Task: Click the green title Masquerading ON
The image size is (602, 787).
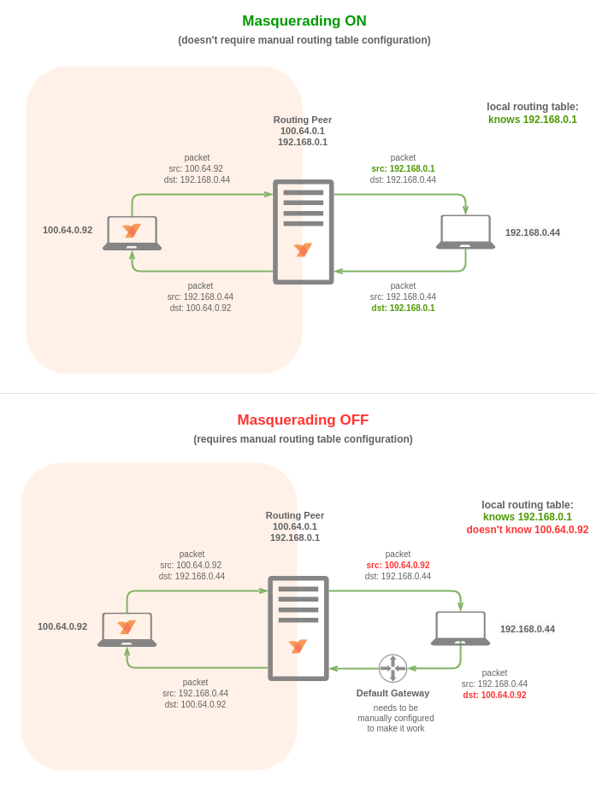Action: tap(304, 21)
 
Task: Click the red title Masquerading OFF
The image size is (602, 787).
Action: tap(303, 420)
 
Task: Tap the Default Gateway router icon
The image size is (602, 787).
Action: tap(392, 668)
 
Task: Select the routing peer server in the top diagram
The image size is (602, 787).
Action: tap(303, 232)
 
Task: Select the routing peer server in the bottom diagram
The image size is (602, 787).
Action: tap(298, 628)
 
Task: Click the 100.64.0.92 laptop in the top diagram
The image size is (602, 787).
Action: tap(132, 233)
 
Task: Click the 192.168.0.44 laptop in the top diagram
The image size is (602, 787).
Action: tap(465, 232)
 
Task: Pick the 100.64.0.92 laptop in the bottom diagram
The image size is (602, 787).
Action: tap(127, 630)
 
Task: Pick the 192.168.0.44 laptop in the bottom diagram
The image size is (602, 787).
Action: tap(460, 629)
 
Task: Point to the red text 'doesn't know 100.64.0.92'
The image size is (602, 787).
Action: tap(527, 530)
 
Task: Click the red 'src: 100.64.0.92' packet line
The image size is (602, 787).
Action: tap(398, 566)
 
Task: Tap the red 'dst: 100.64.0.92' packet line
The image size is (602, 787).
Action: tap(494, 696)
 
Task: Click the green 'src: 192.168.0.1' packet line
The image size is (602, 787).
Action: tap(403, 169)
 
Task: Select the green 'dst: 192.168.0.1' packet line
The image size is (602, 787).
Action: tap(403, 308)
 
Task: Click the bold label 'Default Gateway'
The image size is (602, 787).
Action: tap(392, 693)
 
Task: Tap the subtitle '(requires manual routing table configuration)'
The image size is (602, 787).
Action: tap(303, 439)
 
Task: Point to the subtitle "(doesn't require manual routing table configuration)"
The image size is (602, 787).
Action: tap(304, 40)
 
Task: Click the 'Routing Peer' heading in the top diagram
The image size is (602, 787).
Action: tap(303, 120)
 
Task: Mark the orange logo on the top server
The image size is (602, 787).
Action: tap(303, 250)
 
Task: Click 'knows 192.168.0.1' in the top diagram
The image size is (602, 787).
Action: tap(532, 120)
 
